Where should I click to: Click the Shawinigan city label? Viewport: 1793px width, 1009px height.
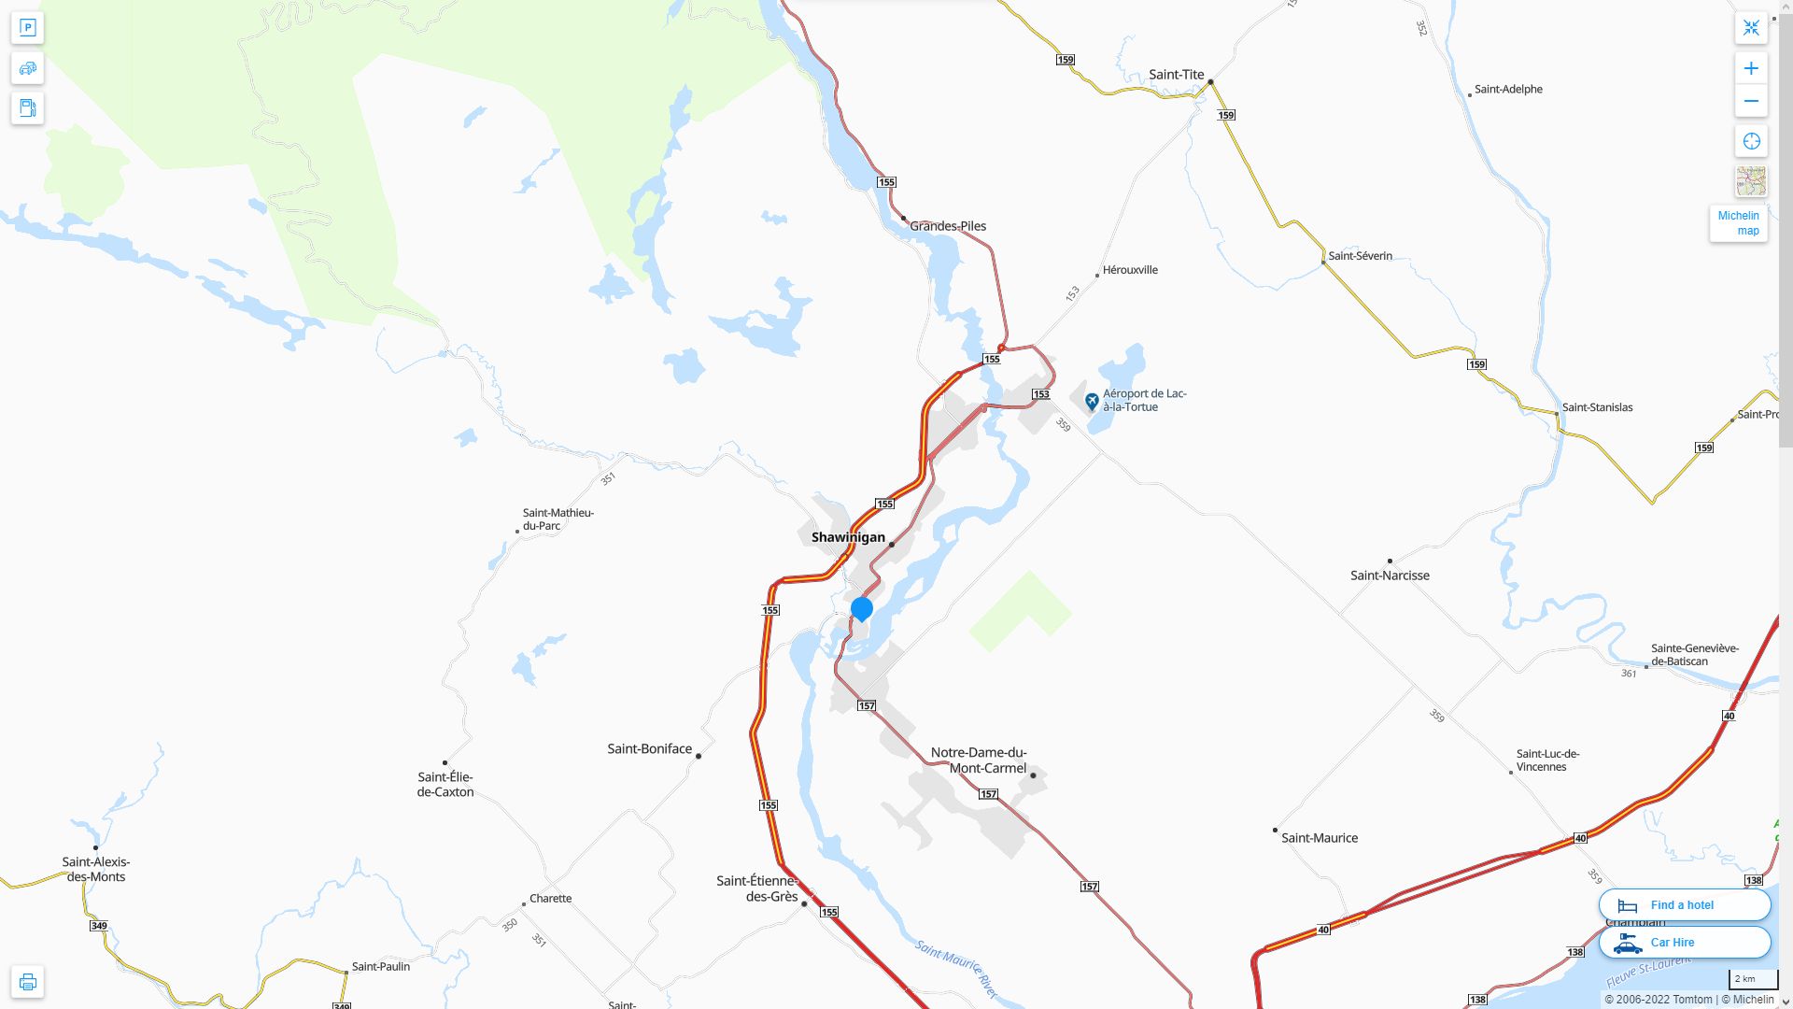click(848, 537)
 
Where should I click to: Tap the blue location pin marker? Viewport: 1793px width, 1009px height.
click(862, 610)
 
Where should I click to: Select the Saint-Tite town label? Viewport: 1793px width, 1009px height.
click(1176, 75)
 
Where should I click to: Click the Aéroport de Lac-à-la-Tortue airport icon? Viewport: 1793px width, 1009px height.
click(1092, 402)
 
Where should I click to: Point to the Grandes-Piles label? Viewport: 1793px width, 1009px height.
click(948, 226)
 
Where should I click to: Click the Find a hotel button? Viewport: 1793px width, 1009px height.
click(1684, 905)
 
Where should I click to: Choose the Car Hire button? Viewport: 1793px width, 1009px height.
click(1684, 943)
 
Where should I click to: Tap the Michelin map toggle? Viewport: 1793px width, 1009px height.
click(1738, 223)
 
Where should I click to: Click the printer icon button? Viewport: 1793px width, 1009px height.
click(27, 982)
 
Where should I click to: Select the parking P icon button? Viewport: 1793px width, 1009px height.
click(27, 28)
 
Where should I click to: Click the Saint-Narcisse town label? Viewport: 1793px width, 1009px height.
click(1390, 576)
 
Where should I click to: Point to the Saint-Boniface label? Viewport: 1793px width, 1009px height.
click(650, 749)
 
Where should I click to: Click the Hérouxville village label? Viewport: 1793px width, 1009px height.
click(1130, 270)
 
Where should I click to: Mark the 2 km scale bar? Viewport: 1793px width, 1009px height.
click(1753, 980)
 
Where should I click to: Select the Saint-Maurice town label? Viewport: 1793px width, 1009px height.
click(1320, 838)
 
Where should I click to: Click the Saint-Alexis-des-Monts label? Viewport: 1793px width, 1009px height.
click(96, 870)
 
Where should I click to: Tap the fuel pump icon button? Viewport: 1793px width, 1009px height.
click(27, 108)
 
